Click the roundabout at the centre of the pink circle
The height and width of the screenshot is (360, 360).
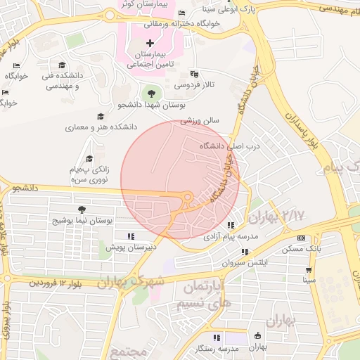(187, 197)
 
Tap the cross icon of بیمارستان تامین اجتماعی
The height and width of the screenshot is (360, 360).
(150, 44)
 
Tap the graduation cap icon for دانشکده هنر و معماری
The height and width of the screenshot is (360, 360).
(101, 117)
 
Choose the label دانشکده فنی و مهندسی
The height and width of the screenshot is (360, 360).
(62, 81)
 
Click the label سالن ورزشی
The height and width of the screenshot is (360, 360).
(200, 120)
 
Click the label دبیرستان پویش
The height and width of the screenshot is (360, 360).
(131, 247)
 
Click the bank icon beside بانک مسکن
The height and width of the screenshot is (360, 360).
(302, 238)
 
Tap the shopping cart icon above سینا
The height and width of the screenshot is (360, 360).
(308, 269)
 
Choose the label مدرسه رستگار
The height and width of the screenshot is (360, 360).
(215, 349)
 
